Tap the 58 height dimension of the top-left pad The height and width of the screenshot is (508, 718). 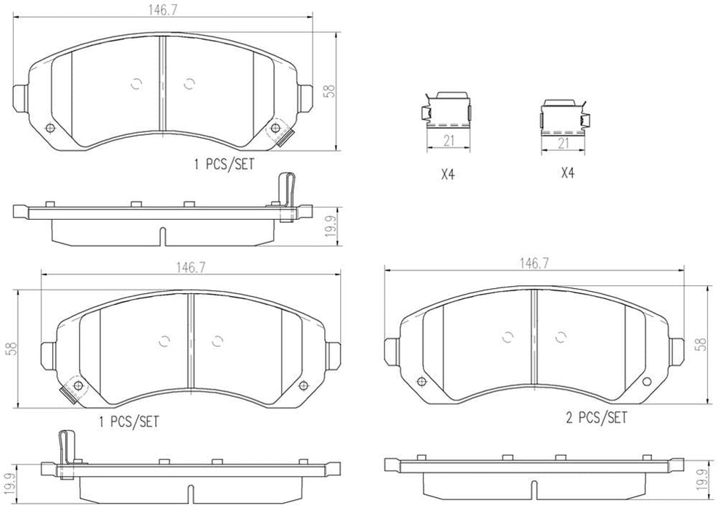click(330, 91)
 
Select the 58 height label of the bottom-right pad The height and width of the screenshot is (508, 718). click(700, 345)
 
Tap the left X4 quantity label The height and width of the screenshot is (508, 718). click(447, 174)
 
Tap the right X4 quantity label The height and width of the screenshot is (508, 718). click(568, 174)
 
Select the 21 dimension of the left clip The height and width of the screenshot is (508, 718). click(448, 142)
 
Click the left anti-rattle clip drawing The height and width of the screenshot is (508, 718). click(447, 112)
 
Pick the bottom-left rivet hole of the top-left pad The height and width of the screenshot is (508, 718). click(49, 129)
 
